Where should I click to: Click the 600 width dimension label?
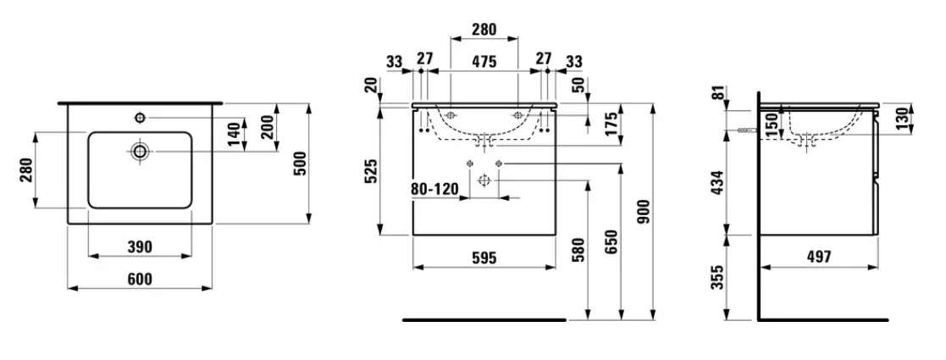pyautogui.click(x=140, y=280)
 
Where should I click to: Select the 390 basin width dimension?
pyautogui.click(x=140, y=246)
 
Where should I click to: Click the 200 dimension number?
pyautogui.click(x=268, y=126)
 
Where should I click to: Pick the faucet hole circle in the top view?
pyautogui.click(x=140, y=117)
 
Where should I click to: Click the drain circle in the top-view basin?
pyautogui.click(x=140, y=151)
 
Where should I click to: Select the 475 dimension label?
pyautogui.click(x=484, y=61)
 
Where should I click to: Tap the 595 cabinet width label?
pyautogui.click(x=484, y=258)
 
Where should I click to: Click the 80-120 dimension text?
pyautogui.click(x=434, y=190)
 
